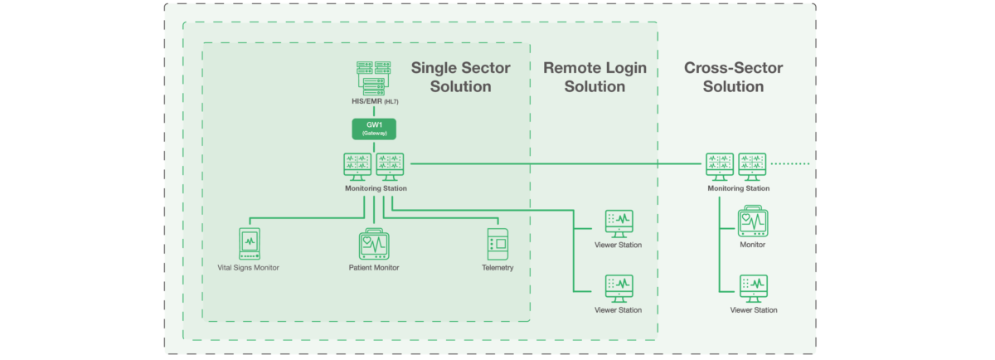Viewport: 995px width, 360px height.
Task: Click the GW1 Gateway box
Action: point(375,129)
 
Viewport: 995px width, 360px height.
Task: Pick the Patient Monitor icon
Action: point(374,244)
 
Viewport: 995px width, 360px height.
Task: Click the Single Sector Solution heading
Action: point(461,77)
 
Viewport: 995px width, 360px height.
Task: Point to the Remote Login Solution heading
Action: point(595,77)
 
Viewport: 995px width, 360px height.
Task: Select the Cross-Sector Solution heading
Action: point(733,77)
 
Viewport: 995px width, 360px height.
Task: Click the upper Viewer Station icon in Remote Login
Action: point(619,223)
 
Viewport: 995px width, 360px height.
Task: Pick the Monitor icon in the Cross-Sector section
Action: point(753,223)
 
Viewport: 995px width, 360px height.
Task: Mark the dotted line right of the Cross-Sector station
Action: point(791,163)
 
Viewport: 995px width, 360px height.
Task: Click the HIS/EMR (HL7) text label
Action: point(375,102)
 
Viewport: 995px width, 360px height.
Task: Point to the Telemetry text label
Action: point(498,268)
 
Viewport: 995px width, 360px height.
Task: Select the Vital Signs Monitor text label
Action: point(249,268)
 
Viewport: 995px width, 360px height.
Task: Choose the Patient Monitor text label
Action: point(374,268)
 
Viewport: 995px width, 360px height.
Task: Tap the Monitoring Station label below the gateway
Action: point(375,188)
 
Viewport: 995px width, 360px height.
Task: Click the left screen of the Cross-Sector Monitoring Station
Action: point(721,164)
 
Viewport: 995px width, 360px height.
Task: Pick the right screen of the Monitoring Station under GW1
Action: point(391,164)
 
